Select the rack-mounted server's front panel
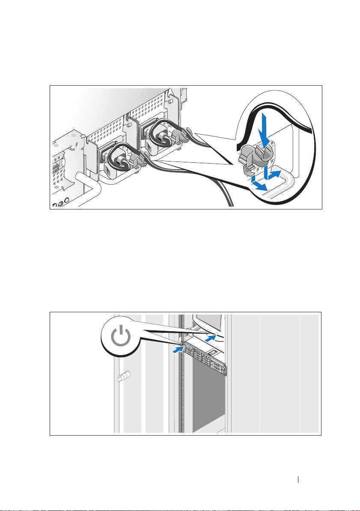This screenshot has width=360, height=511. click(x=201, y=357)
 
